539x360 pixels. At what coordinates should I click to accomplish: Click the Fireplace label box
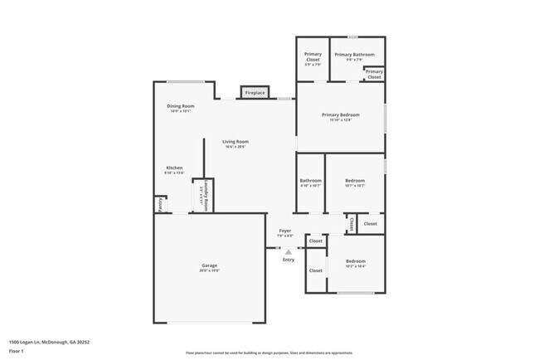pos(255,93)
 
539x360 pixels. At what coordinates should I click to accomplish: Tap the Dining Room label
pos(180,106)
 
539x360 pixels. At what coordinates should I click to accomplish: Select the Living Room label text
pos(236,142)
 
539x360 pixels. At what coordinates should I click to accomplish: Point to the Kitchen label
pos(174,168)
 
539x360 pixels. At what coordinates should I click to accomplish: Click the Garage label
pos(209,265)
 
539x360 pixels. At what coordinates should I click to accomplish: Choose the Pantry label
pos(160,205)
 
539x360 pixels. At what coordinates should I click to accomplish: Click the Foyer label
pos(284,231)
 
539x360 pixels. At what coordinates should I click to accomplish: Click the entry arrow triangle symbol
pos(289,252)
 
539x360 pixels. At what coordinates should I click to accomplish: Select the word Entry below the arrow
pos(289,260)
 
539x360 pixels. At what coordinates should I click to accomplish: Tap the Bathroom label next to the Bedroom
pos(311,180)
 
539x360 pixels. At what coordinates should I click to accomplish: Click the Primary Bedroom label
pos(341,114)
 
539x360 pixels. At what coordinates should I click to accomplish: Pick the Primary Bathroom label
pos(354,55)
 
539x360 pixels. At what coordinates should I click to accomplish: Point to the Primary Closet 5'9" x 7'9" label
pos(313,57)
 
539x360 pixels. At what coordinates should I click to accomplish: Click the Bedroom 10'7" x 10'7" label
pos(354,182)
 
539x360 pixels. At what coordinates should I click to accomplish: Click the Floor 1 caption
pos(14,349)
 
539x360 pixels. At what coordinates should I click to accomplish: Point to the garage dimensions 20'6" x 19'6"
pos(209,270)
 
